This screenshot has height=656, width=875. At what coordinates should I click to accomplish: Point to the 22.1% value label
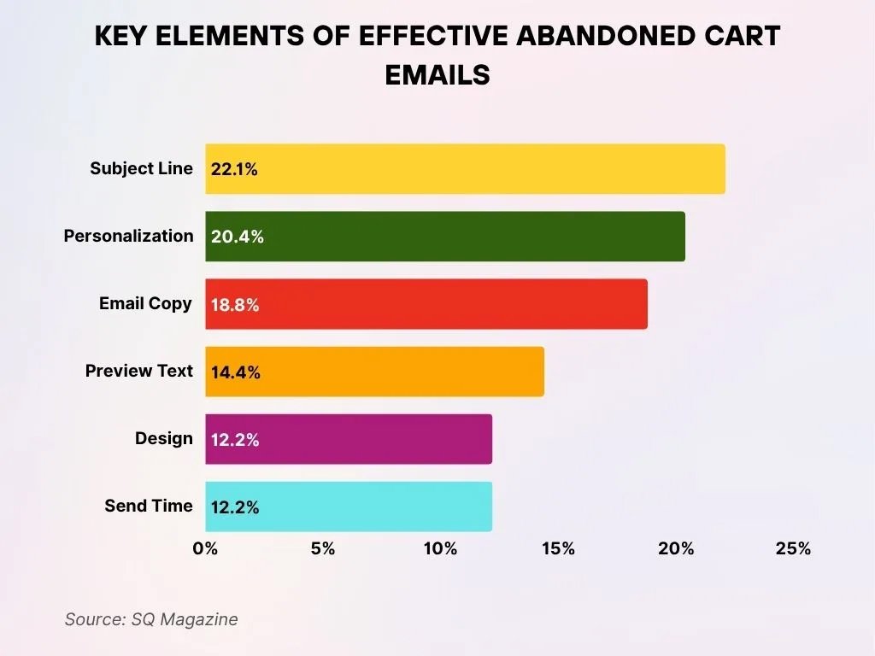point(234,170)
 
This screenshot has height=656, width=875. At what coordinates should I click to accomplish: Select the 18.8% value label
point(235,305)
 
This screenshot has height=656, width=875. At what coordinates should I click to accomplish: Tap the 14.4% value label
point(235,372)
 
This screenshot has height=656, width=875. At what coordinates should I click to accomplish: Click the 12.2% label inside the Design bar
point(235,440)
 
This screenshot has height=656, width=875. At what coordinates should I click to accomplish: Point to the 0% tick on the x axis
point(205,548)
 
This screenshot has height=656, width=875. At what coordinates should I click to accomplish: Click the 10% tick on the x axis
point(440,548)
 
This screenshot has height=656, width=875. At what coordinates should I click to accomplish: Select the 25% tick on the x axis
point(793,548)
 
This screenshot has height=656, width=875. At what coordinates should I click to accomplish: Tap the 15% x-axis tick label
point(558,548)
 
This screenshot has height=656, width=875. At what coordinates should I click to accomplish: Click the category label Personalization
point(128,236)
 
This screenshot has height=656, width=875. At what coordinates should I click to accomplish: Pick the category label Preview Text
point(139,371)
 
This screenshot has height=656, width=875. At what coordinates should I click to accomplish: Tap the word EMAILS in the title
point(437,74)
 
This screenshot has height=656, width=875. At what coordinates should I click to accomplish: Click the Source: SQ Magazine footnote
point(151,619)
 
